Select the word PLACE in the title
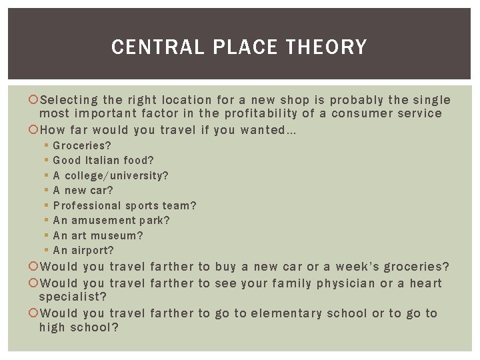coord(245,47)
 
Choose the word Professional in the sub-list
coord(87,205)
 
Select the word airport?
coord(93,251)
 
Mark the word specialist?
coord(73,296)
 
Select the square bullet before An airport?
coord(46,251)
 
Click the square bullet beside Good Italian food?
coord(46,161)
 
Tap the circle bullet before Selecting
coord(35,101)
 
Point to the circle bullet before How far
coord(35,131)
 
